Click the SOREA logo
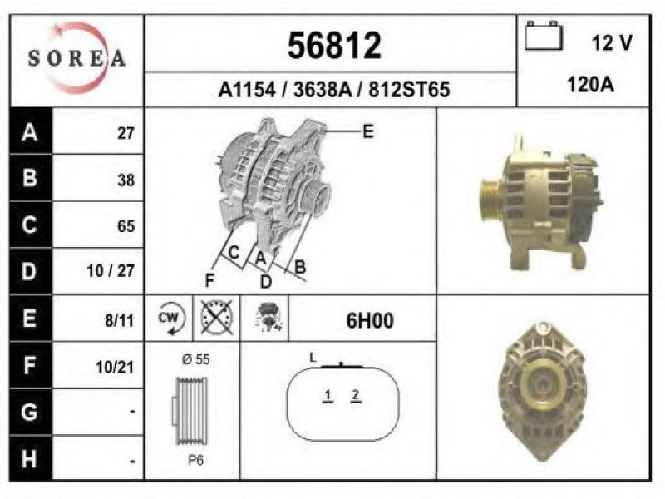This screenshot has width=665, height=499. click(76, 57)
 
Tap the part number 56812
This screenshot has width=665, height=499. click(334, 46)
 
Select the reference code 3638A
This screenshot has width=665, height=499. click(323, 90)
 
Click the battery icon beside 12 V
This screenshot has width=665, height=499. click(544, 36)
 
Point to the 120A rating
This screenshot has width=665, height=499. click(590, 85)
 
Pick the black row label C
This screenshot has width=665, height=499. click(30, 225)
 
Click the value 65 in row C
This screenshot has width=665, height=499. click(126, 225)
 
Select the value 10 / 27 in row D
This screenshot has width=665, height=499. click(111, 271)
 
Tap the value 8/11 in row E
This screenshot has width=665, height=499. click(119, 320)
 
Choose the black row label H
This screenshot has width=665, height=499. click(30, 459)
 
